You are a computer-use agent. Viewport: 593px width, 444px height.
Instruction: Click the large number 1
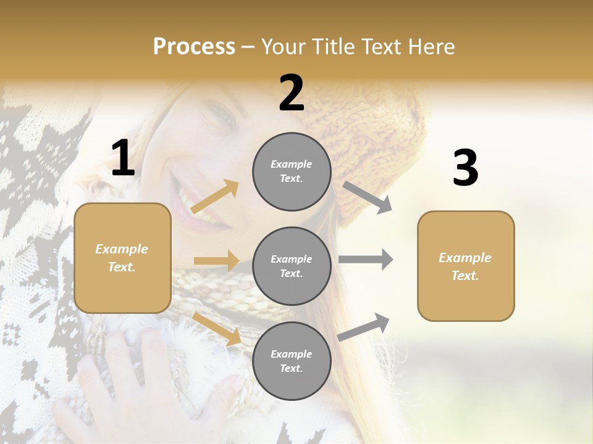point(123,158)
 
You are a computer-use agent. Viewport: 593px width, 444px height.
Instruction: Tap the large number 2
point(292,93)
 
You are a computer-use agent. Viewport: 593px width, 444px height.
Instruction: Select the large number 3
point(465,168)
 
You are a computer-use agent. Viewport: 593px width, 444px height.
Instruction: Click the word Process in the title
point(194,46)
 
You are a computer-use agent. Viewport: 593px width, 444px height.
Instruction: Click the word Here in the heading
point(431,47)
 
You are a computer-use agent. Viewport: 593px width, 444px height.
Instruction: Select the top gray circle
point(292,171)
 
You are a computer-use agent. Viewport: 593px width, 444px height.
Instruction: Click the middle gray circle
point(292,266)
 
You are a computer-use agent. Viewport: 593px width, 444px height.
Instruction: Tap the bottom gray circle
point(292,361)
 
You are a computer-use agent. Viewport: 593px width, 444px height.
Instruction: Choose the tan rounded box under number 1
point(122,258)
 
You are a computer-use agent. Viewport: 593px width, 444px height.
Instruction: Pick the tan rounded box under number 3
point(466,266)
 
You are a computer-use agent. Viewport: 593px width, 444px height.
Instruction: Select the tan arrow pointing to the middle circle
point(216,261)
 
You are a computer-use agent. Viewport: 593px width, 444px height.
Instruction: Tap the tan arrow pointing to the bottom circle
point(217,328)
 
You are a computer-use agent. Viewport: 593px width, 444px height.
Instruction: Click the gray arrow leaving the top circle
point(368,197)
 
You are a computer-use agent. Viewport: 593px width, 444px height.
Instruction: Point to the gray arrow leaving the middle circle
point(366,260)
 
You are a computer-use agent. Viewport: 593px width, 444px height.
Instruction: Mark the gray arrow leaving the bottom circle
point(364,327)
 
